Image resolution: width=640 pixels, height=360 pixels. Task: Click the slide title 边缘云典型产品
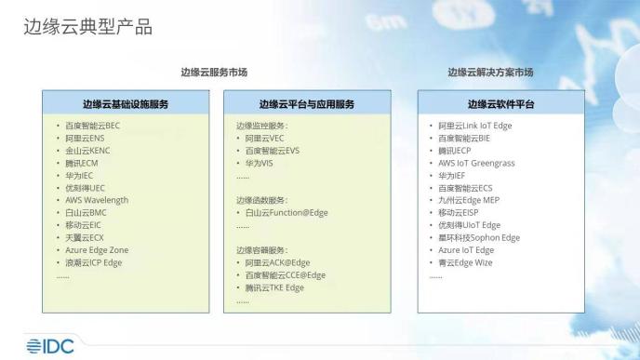click(87, 27)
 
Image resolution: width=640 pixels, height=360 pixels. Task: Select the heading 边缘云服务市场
click(214, 72)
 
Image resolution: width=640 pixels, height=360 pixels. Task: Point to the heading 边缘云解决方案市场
click(489, 72)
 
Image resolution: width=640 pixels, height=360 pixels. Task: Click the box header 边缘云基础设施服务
click(125, 103)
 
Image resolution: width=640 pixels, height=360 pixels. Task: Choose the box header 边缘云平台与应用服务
click(306, 103)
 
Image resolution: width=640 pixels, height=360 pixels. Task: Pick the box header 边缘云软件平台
click(500, 103)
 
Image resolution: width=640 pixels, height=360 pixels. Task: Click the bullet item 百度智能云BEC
click(92, 125)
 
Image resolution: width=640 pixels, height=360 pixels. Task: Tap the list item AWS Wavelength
click(96, 200)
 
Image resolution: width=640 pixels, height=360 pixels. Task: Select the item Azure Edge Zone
click(97, 250)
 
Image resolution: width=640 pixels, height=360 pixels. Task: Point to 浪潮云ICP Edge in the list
click(93, 263)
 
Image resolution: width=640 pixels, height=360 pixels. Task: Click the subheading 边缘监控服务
click(262, 125)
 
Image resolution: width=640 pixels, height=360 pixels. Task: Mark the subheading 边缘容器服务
click(262, 250)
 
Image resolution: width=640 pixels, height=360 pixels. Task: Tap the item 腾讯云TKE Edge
click(273, 288)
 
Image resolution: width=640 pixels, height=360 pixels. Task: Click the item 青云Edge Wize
click(466, 263)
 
